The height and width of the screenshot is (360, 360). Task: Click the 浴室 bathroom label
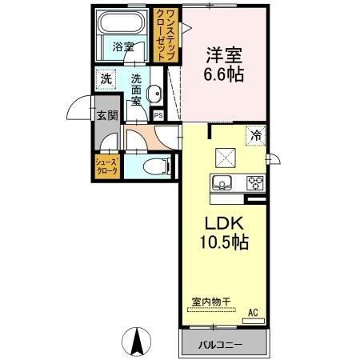point(122,46)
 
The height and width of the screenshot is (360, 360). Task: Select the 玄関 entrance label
point(107,115)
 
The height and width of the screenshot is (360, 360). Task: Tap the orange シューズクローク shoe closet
point(108,167)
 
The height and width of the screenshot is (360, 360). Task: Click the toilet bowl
point(155,167)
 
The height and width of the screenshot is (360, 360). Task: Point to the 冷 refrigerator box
point(256,135)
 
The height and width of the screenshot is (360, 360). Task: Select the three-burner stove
point(254,182)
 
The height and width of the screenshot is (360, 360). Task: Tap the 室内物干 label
point(210,301)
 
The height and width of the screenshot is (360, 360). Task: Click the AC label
point(253,312)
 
